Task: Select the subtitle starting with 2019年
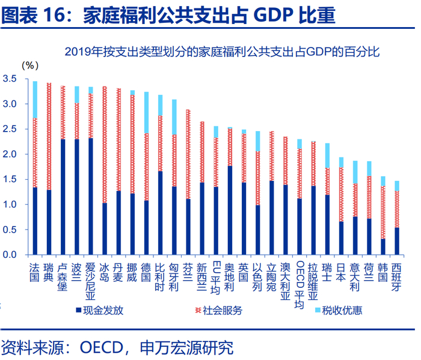click(x=222, y=52)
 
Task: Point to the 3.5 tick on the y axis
click(x=10, y=79)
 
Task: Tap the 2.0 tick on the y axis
click(x=10, y=154)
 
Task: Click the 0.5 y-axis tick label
click(x=10, y=230)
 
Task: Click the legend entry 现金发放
click(x=99, y=310)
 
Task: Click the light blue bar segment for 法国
click(x=35, y=99)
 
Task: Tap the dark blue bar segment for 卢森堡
click(x=63, y=197)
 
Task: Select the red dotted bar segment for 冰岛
click(x=104, y=144)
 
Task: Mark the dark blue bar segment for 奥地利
click(x=229, y=210)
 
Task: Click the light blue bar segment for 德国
click(x=146, y=112)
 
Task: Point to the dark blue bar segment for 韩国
click(x=383, y=247)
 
